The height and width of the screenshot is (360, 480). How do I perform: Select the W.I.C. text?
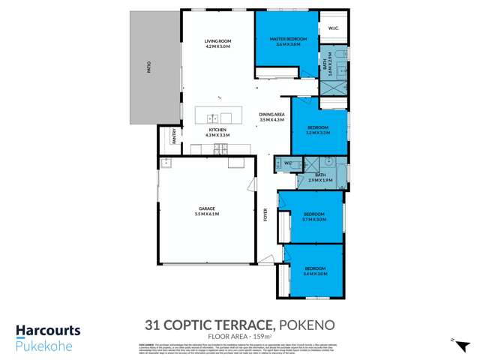333,29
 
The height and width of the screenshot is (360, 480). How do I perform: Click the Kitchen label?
217,130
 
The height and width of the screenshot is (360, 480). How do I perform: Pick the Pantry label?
173,136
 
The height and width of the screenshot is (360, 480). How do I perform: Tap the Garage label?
207,208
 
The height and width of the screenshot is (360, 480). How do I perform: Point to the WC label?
287,163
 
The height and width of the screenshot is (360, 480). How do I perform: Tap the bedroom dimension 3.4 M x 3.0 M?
315,274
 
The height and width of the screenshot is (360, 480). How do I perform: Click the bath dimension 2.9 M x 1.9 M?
320,180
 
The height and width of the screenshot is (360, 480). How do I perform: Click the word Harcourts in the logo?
48,331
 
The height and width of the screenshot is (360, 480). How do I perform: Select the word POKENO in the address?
307,325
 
